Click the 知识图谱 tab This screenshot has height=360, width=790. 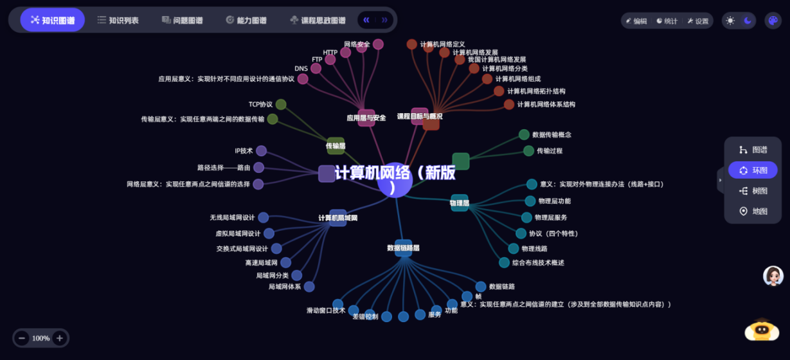click(52, 20)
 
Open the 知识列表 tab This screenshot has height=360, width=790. click(118, 20)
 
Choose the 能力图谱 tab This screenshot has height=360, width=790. click(246, 20)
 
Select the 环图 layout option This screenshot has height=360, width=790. click(753, 170)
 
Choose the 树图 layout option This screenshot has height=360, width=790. click(753, 191)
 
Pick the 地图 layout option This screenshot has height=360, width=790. click(753, 211)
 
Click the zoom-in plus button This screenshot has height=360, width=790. click(60, 338)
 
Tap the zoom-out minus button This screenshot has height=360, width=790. click(22, 338)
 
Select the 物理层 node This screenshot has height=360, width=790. click(460, 203)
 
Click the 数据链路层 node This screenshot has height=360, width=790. click(403, 248)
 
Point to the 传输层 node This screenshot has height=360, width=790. click(336, 146)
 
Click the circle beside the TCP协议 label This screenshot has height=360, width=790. click(281, 104)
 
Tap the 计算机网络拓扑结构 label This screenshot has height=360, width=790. click(535, 91)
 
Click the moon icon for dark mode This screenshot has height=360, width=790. click(748, 21)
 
